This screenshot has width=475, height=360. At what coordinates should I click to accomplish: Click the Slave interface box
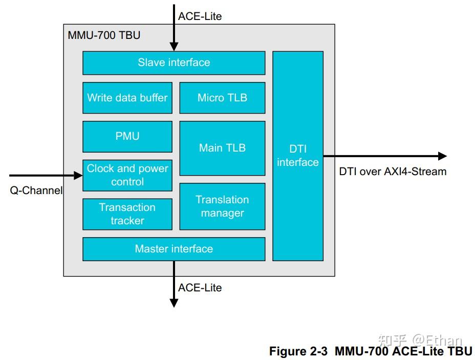(x=174, y=63)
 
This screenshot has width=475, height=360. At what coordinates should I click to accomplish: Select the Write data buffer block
(x=127, y=98)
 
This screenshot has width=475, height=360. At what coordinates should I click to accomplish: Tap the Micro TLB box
(x=222, y=98)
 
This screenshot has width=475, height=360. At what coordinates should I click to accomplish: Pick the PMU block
(x=127, y=136)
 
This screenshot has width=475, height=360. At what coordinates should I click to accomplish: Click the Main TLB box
(x=222, y=148)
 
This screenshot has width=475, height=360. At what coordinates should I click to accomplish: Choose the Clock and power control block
(x=127, y=175)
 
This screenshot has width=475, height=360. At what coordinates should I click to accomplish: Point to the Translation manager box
(x=222, y=206)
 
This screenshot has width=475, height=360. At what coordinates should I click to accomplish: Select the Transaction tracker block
(x=127, y=214)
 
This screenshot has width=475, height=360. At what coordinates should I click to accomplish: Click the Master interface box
(x=174, y=249)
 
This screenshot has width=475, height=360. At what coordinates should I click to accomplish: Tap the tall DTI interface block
(x=297, y=156)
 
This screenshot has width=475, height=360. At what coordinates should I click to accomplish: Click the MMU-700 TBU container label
(x=104, y=35)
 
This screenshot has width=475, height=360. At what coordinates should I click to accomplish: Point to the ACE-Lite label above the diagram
(x=200, y=16)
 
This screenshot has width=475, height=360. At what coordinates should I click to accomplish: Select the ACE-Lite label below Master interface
(x=200, y=288)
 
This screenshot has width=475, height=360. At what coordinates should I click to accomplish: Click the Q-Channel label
(x=36, y=190)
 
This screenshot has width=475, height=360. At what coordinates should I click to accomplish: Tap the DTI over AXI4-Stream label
(x=393, y=172)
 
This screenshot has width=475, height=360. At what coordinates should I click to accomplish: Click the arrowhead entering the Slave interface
(x=174, y=47)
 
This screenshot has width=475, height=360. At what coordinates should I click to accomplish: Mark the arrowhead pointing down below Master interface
(x=174, y=303)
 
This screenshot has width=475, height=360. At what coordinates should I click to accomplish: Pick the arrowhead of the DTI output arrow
(x=442, y=156)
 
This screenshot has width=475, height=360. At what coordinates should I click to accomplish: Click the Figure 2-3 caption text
(x=370, y=351)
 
